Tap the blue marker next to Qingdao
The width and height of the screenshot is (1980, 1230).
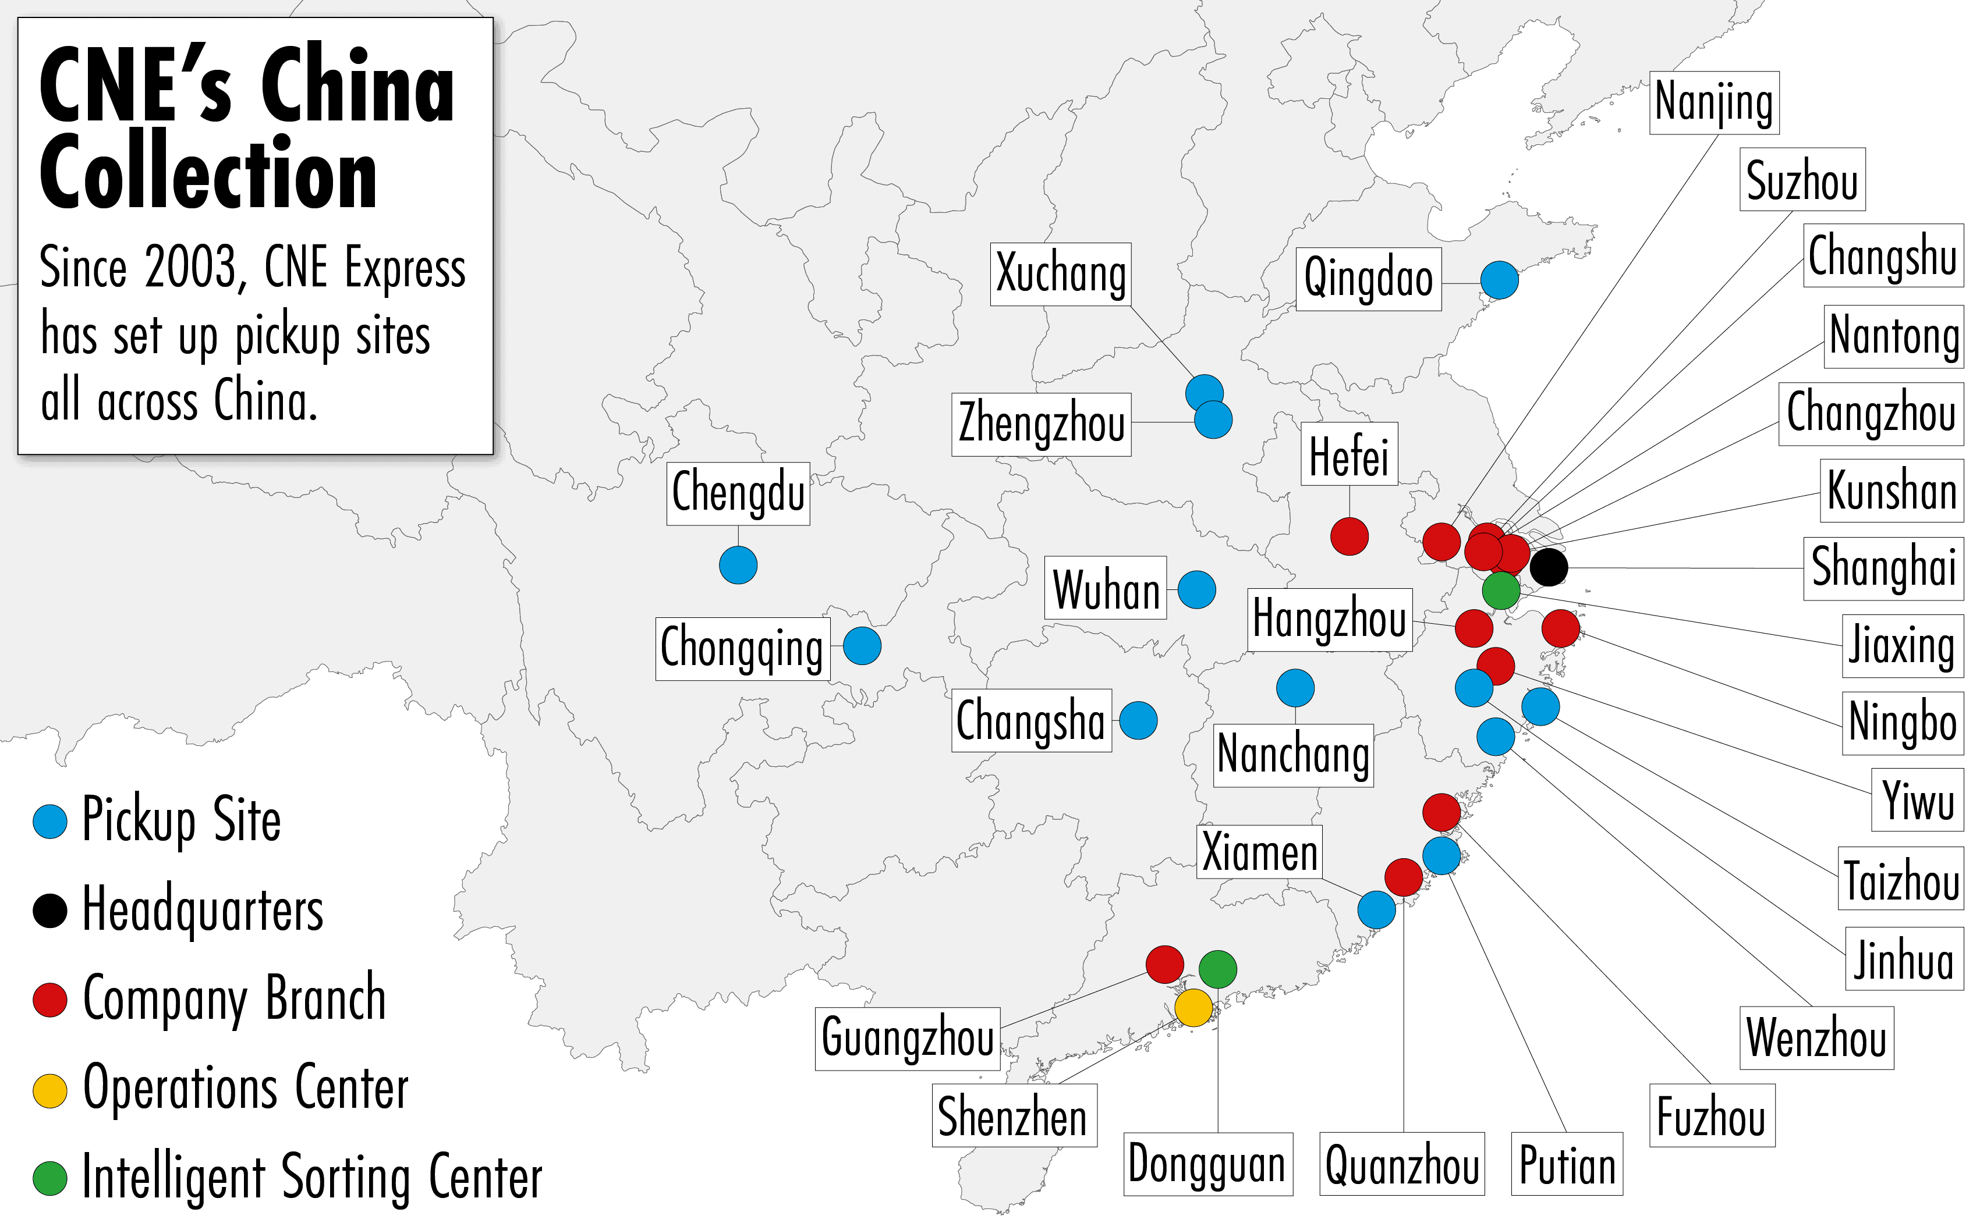[1499, 280]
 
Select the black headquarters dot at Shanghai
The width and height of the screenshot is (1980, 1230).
[1549, 567]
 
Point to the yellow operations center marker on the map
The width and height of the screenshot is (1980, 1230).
[1193, 1007]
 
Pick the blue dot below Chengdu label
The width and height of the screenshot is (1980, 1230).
[738, 564]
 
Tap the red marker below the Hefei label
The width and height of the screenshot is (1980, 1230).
[1349, 536]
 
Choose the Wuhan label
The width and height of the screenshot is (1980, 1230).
[1105, 588]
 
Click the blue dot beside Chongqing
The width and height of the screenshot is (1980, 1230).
[862, 646]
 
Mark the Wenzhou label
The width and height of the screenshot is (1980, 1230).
[1816, 1038]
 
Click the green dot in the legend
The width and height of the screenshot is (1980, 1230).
[49, 1178]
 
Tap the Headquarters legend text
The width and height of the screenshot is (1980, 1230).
[203, 909]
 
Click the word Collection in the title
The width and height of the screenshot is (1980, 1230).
[208, 172]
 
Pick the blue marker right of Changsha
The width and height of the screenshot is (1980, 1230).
[1138, 720]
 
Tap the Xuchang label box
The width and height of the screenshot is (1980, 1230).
[1060, 274]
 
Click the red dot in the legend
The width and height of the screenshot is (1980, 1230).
[49, 999]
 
